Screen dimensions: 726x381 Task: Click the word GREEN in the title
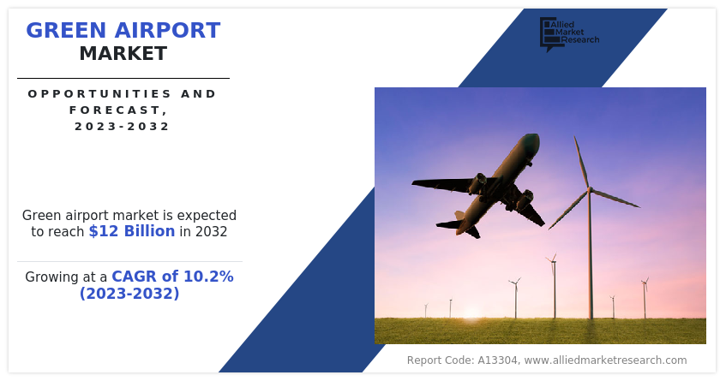pos(66,31)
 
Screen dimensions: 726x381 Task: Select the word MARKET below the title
pos(123,54)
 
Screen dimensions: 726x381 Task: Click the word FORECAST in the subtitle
pos(115,110)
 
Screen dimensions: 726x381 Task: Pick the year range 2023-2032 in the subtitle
pos(123,126)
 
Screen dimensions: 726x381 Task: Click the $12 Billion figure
pos(132,231)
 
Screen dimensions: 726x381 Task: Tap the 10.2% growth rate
pos(209,277)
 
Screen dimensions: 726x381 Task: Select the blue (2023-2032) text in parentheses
pos(129,293)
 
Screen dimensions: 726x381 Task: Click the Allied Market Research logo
pos(569,33)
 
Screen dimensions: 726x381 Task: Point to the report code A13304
pos(498,360)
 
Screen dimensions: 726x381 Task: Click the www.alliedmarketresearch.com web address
pos(605,360)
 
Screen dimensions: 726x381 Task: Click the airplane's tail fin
pos(459,216)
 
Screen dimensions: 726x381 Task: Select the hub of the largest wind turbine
pos(590,188)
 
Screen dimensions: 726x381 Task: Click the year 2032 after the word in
pos(211,231)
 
